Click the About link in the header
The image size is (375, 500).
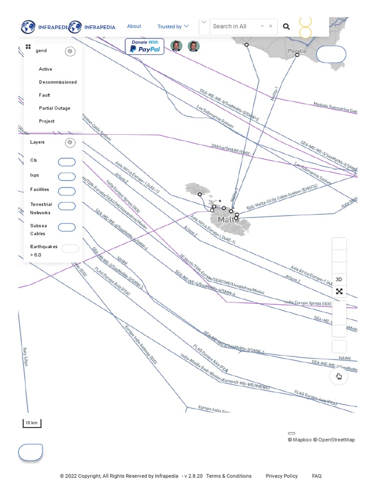tap(134, 26)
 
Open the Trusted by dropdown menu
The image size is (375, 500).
tap(173, 27)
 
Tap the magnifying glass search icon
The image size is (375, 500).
tap(287, 27)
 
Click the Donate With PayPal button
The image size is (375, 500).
tap(145, 46)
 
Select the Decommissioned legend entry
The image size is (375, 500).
tap(58, 82)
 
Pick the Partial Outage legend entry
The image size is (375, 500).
tap(54, 108)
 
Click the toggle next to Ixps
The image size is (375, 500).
tap(67, 176)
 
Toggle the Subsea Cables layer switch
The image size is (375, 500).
tap(67, 227)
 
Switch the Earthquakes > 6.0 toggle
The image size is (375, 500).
tap(70, 249)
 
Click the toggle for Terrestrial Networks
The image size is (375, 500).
tap(67, 206)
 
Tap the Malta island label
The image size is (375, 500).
tap(228, 220)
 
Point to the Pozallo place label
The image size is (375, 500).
tap(297, 51)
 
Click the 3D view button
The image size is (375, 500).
tap(339, 279)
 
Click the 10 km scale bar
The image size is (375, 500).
tap(32, 423)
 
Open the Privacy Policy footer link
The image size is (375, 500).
tap(281, 476)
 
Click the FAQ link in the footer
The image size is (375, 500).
tap(316, 476)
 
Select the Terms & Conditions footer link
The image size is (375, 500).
tap(229, 476)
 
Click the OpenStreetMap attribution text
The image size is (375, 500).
tap(336, 440)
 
